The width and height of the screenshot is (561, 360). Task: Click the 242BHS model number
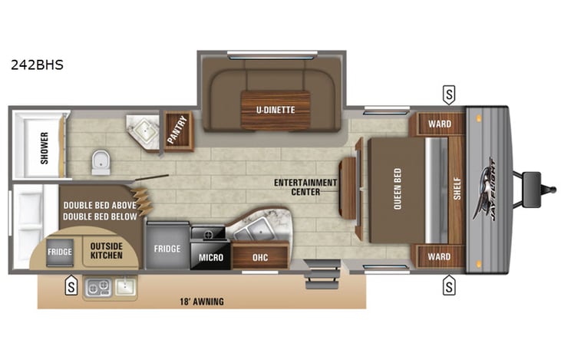pyautogui.click(x=37, y=65)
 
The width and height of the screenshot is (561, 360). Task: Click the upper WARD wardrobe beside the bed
pyautogui.click(x=439, y=124)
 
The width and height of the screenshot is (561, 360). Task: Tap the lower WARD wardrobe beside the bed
pyautogui.click(x=439, y=256)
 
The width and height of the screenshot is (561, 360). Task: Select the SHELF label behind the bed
pyautogui.click(x=456, y=189)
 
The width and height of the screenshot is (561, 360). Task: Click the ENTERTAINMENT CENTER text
pyautogui.click(x=306, y=187)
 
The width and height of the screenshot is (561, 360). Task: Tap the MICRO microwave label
pyautogui.click(x=210, y=257)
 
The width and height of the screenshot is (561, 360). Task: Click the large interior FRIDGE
pyautogui.click(x=167, y=248)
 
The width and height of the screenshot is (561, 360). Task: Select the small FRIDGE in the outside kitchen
pyautogui.click(x=59, y=252)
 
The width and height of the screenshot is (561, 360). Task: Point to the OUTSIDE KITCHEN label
pyautogui.click(x=106, y=250)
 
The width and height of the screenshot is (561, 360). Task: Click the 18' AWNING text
pyautogui.click(x=203, y=302)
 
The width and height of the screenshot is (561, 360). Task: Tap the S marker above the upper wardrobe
pyautogui.click(x=448, y=94)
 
